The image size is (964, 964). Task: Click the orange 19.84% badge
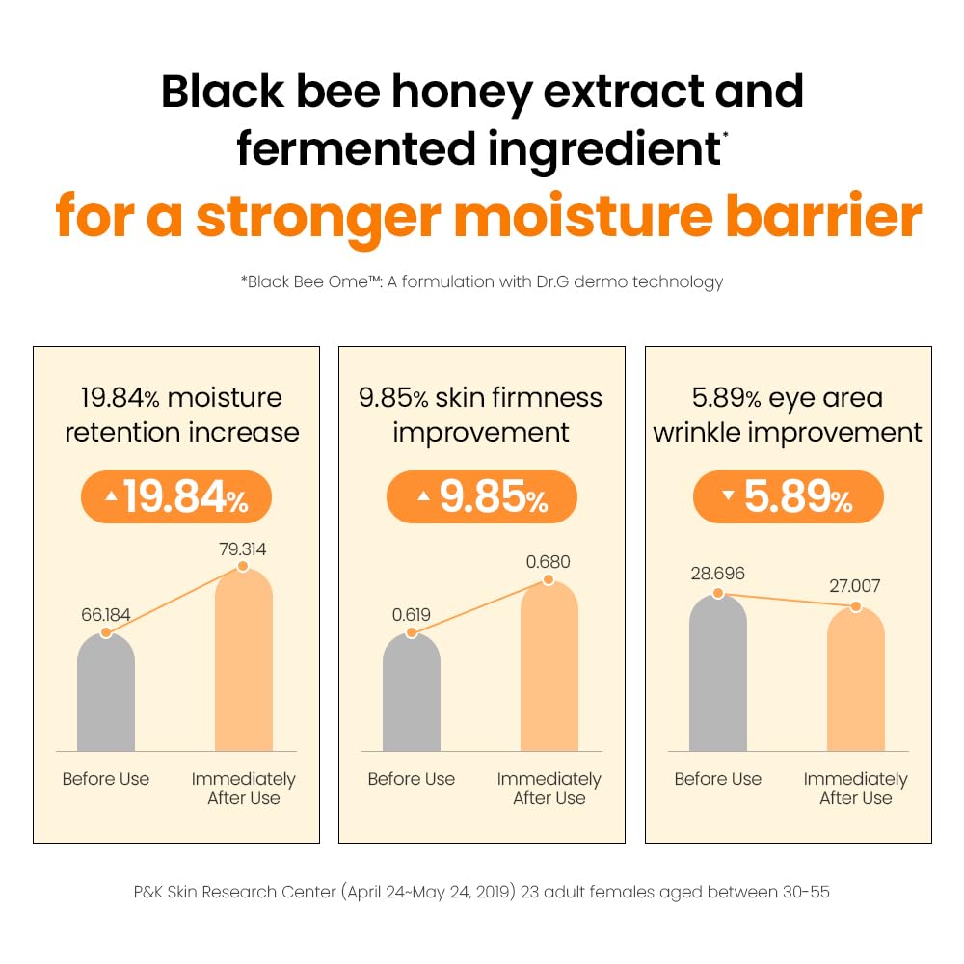(175, 497)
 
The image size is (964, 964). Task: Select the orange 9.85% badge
(481, 497)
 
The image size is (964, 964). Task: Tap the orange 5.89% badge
(788, 497)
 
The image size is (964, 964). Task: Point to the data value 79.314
(242, 549)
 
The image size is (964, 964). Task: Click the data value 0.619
(411, 614)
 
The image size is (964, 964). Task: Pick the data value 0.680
(549, 561)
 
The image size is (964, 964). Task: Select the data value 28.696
(717, 573)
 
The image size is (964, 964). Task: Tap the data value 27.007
(854, 585)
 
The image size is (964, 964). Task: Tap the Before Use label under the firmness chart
(412, 779)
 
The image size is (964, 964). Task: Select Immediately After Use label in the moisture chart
(243, 789)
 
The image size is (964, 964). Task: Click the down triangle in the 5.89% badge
(728, 495)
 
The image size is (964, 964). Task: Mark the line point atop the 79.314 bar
(243, 567)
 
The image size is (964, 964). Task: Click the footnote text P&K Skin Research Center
(234, 892)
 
